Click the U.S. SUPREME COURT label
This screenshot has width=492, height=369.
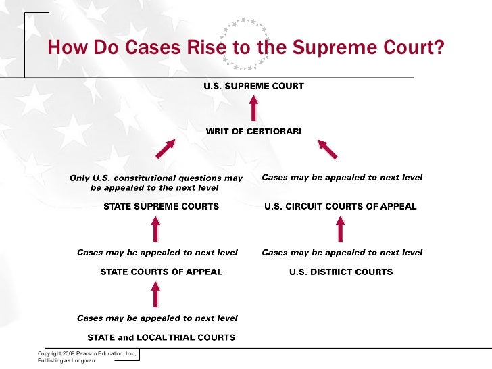254,86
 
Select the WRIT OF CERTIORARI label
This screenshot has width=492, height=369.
253,130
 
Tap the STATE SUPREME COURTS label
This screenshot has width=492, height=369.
161,206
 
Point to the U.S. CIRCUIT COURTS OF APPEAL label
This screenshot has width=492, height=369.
340,206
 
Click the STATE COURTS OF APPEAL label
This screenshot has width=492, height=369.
161,272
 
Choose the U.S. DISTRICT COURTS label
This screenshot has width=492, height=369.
341,272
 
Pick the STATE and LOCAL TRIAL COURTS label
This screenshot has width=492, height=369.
162,337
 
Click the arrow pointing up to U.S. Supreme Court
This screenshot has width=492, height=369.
254,107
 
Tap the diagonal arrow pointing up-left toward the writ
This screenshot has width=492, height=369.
327,149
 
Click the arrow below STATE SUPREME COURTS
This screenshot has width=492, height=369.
155,230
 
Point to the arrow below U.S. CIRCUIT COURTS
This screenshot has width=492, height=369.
341,230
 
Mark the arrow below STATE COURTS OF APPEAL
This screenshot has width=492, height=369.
155,294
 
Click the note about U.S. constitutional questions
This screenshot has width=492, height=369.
157,182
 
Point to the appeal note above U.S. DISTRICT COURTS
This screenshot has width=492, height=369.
342,253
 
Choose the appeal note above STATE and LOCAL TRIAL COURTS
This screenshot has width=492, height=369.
157,318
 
